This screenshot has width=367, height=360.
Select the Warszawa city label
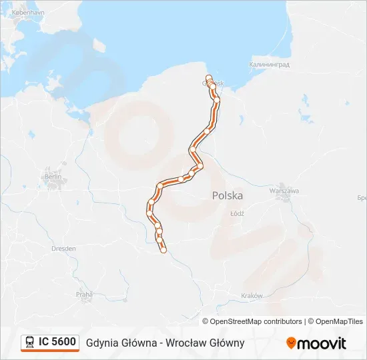[x=284, y=190]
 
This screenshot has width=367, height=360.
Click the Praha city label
[x=83, y=293]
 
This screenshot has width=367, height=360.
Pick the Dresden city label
[x=63, y=248]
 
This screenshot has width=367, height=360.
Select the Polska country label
[x=228, y=195]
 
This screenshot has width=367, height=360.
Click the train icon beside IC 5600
[x=30, y=342]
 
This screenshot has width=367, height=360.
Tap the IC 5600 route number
[x=57, y=342]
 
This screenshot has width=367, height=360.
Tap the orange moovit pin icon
[x=291, y=343]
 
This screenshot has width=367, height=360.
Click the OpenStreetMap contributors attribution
[x=256, y=321]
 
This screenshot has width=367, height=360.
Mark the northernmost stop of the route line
[x=209, y=78]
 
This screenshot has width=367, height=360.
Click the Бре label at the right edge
[x=362, y=199]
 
